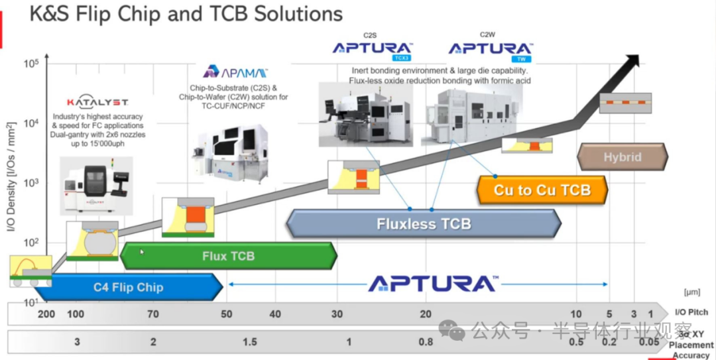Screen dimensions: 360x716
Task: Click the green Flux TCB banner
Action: coord(228,256)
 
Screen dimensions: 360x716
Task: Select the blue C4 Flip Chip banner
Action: coord(128,288)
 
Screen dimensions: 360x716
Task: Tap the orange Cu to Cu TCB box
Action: coord(542,190)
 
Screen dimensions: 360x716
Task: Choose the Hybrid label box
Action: coord(622,157)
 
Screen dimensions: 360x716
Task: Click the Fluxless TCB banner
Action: coord(424,223)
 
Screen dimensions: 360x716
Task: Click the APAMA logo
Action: coord(235,72)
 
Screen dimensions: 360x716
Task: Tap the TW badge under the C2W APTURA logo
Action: coord(521,58)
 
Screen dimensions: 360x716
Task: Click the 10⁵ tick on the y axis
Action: coord(32,64)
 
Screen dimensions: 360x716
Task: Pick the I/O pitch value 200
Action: coord(46,314)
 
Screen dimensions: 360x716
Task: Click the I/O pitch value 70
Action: coord(153,314)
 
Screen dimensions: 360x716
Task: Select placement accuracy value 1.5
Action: coord(249,341)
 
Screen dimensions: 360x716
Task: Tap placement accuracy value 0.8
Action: coord(426,341)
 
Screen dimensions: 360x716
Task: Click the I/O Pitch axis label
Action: coord(691,312)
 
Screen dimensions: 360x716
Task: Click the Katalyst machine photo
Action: coord(96,186)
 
